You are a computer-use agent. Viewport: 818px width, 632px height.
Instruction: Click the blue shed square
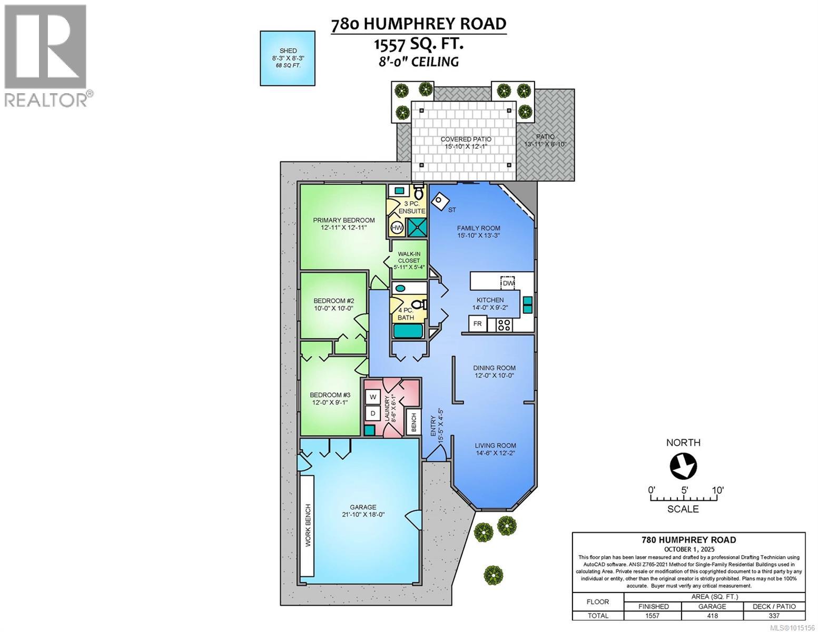click(x=288, y=58)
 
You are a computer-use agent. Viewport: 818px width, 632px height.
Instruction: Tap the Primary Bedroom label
click(x=343, y=220)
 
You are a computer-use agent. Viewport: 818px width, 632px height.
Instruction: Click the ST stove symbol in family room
click(x=440, y=200)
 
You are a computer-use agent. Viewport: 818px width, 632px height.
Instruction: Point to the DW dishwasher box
click(x=507, y=283)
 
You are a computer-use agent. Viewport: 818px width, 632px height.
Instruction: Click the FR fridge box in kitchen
click(x=478, y=323)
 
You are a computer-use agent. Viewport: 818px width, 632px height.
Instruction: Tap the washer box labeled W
click(x=373, y=396)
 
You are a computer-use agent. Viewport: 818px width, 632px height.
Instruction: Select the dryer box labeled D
click(x=373, y=413)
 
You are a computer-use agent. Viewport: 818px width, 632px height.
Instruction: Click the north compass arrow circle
click(x=683, y=466)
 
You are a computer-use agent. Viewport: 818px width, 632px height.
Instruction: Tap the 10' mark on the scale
click(x=717, y=490)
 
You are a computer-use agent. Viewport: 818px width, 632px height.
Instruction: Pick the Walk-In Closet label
click(x=409, y=260)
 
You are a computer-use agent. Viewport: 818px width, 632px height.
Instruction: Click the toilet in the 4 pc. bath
click(x=419, y=305)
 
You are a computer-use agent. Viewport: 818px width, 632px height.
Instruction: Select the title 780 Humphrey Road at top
click(x=418, y=24)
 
